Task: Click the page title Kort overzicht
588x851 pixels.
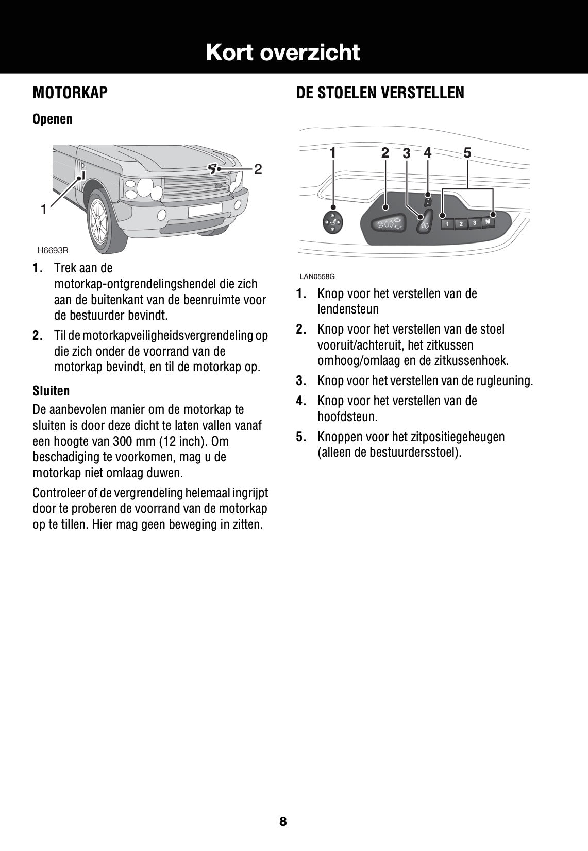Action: point(282,53)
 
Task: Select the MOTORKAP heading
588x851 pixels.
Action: point(70,93)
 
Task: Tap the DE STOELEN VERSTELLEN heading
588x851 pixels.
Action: point(380,93)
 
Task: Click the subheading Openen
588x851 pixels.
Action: point(53,119)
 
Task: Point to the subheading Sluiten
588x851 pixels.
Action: point(51,391)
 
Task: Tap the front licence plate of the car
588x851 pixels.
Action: point(205,210)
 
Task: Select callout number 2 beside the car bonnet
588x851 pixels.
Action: point(258,169)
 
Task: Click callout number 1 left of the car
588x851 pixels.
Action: point(44,209)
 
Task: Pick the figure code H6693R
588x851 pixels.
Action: point(53,250)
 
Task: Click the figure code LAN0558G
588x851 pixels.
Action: point(317,276)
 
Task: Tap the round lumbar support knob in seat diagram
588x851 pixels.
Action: point(333,222)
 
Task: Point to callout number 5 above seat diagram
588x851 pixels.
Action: point(467,153)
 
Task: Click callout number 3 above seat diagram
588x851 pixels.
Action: point(407,153)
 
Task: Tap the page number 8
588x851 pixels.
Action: point(283,821)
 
